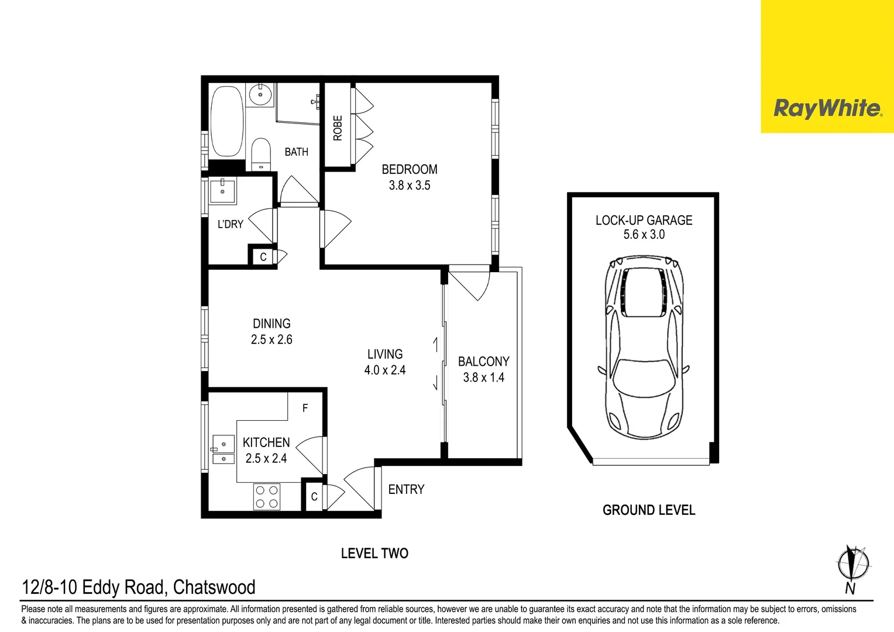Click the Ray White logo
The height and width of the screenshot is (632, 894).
pyautogui.click(x=827, y=108)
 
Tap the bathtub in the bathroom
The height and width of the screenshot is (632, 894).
pyautogui.click(x=226, y=121)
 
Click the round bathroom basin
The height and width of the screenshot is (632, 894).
pyautogui.click(x=260, y=94)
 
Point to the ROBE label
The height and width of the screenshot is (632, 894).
pyautogui.click(x=338, y=128)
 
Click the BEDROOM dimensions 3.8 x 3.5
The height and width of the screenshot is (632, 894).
pyautogui.click(x=410, y=186)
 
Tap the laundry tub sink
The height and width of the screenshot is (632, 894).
pyautogui.click(x=223, y=191)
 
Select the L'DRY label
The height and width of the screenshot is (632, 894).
pyautogui.click(x=230, y=224)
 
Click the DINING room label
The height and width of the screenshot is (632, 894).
pyautogui.click(x=271, y=324)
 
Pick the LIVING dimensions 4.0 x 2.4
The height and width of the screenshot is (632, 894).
pyautogui.click(x=384, y=370)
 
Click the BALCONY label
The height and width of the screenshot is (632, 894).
pyautogui.click(x=483, y=362)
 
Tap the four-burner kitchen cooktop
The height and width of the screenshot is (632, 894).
pyautogui.click(x=267, y=497)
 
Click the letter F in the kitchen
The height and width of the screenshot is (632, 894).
pyautogui.click(x=305, y=408)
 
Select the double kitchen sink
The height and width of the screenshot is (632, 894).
pyautogui.click(x=223, y=451)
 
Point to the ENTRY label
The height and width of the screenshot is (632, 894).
pyautogui.click(x=406, y=489)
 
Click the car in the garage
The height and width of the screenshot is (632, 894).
pyautogui.click(x=644, y=348)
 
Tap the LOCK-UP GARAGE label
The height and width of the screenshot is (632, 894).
pyautogui.click(x=644, y=221)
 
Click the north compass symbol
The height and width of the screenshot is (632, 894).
pyautogui.click(x=852, y=565)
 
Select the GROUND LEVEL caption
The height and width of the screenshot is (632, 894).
pyautogui.click(x=649, y=510)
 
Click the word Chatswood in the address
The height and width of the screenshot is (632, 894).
pyautogui.click(x=214, y=587)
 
